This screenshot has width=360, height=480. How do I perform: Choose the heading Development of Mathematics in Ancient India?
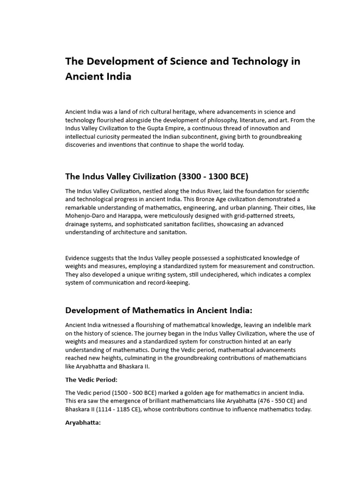click(x=158, y=310)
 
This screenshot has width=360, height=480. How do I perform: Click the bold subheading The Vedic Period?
click(x=91, y=379)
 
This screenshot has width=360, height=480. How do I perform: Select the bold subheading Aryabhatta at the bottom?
click(x=83, y=422)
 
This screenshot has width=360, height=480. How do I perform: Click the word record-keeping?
click(x=165, y=283)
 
